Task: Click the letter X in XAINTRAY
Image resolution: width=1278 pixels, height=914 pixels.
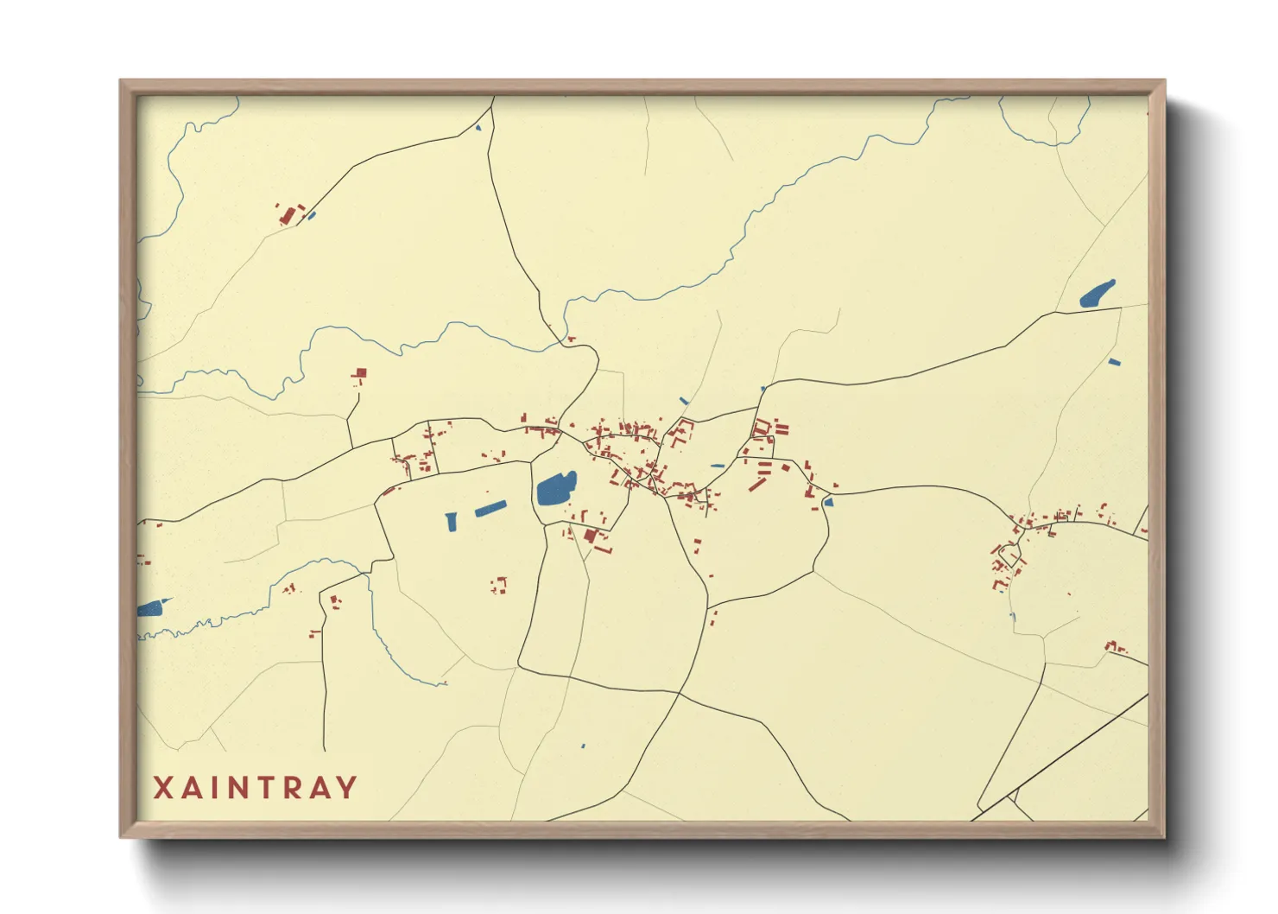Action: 163,787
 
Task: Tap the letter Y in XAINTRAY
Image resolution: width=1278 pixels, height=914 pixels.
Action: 346,787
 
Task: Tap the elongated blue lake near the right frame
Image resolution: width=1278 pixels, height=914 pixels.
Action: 1097,295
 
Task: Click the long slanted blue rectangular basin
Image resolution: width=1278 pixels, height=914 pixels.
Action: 489,508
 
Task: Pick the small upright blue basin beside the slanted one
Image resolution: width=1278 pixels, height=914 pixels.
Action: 451,521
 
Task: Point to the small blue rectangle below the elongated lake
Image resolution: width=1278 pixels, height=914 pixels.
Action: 1114,362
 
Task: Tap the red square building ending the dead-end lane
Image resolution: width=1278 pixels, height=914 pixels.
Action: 361,373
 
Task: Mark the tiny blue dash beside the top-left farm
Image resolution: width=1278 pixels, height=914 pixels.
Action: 312,215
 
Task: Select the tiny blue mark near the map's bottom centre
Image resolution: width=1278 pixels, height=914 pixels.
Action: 583,746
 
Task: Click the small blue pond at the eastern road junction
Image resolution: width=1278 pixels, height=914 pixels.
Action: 828,501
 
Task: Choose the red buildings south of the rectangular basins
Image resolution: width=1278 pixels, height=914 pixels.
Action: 498,585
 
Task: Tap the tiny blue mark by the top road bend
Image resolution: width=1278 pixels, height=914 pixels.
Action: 478,129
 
